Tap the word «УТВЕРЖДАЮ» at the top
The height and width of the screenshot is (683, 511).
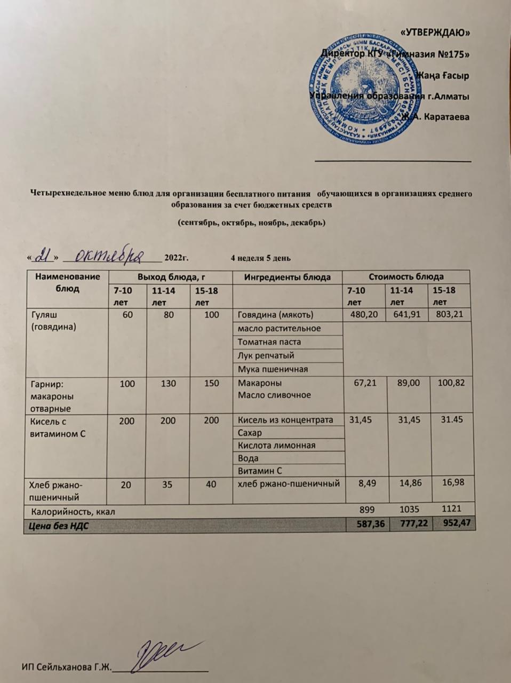coord(435,33)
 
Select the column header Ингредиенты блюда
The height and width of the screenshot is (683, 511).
coord(287,277)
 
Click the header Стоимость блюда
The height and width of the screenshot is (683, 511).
coord(406,277)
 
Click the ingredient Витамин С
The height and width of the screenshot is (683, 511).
coord(259,471)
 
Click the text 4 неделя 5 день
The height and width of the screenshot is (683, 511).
coord(260,259)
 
